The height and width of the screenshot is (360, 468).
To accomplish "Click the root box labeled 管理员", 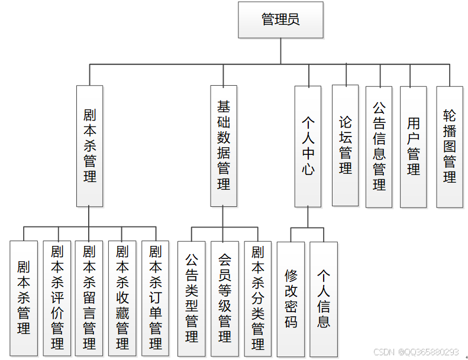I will (280, 20).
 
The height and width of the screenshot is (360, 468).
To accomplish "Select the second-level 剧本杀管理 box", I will (89, 145).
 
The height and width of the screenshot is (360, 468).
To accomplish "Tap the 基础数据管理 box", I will (223, 145).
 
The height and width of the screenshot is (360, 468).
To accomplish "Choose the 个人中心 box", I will (308, 146).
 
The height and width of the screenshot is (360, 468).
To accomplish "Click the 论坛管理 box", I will (345, 145).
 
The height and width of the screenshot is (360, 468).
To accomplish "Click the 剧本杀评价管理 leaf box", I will (57, 298).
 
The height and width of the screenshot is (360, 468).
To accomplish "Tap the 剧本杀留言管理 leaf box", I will (89, 298).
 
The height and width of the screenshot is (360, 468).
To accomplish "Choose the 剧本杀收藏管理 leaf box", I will (122, 298).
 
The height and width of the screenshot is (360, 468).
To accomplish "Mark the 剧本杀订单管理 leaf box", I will (156, 298).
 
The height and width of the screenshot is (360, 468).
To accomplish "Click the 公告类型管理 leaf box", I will (192, 298).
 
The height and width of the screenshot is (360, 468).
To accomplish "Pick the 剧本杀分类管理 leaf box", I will (258, 298).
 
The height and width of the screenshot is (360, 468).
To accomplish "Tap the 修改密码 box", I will (291, 298).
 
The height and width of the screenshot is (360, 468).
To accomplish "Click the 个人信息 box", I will (324, 298).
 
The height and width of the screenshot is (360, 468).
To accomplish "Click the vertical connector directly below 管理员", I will (280, 51).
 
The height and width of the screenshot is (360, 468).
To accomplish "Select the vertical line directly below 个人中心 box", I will (308, 217).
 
